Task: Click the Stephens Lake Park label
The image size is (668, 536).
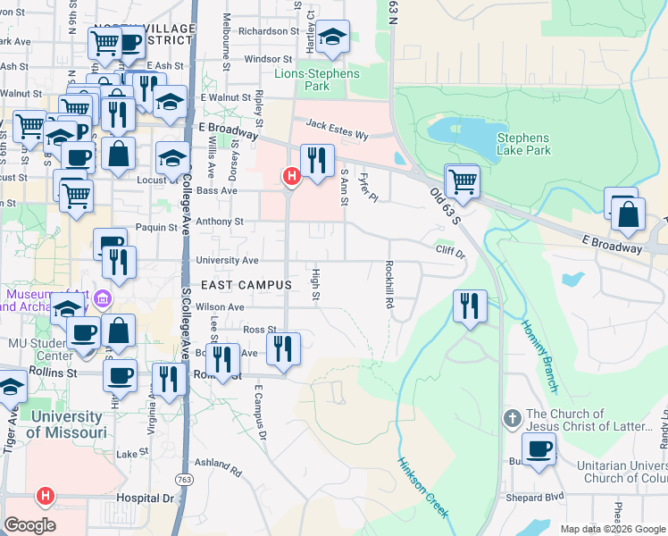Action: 523,145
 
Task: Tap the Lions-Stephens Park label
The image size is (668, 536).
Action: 317,80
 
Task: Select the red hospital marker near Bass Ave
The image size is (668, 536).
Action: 290,177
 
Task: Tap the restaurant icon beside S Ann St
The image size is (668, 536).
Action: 316,161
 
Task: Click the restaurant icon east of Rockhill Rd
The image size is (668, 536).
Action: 469,306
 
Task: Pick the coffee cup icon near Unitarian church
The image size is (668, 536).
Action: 539,449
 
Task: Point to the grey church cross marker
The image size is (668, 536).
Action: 513,417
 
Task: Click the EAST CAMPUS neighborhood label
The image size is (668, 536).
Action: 246,285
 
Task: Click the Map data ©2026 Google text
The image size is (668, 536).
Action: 611,529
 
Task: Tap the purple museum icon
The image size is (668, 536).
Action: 104,297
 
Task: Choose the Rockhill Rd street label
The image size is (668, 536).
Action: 389,284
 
